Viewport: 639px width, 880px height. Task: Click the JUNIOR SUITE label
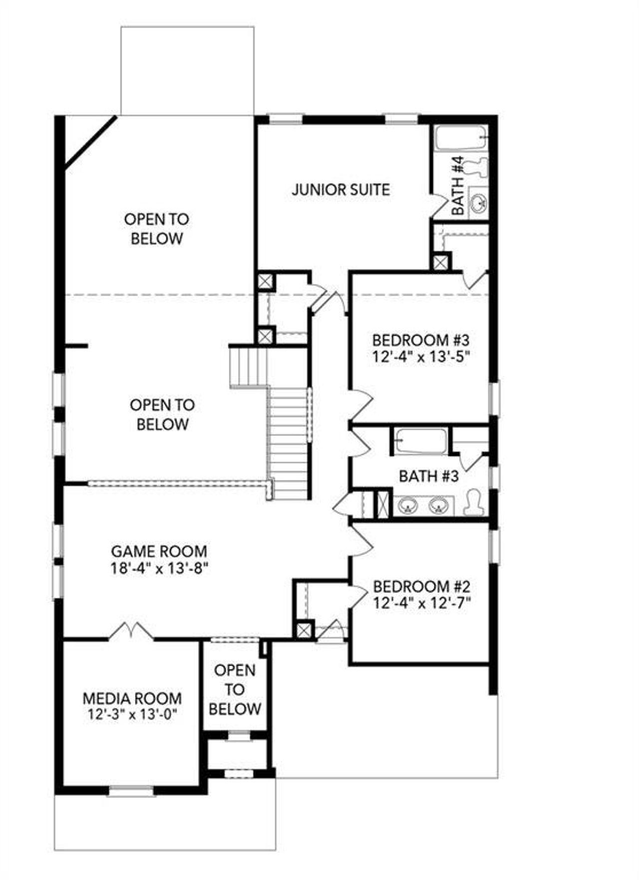(x=340, y=190)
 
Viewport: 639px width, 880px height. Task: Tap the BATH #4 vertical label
(x=458, y=186)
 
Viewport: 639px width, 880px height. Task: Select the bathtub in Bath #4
(x=460, y=138)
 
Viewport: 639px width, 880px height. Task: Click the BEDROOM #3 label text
(x=421, y=341)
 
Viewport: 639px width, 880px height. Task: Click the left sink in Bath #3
(x=408, y=506)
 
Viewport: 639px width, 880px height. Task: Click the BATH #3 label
(x=428, y=476)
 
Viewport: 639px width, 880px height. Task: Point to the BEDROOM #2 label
(x=421, y=586)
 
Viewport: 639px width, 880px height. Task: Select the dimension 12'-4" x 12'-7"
(x=422, y=603)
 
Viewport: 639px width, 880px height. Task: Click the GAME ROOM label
(x=159, y=551)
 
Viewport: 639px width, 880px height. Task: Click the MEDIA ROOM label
(x=132, y=698)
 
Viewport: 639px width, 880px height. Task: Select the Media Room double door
(x=131, y=631)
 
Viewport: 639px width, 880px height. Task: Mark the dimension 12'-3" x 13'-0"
(x=132, y=714)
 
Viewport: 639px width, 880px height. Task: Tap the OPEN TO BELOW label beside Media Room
(x=235, y=690)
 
